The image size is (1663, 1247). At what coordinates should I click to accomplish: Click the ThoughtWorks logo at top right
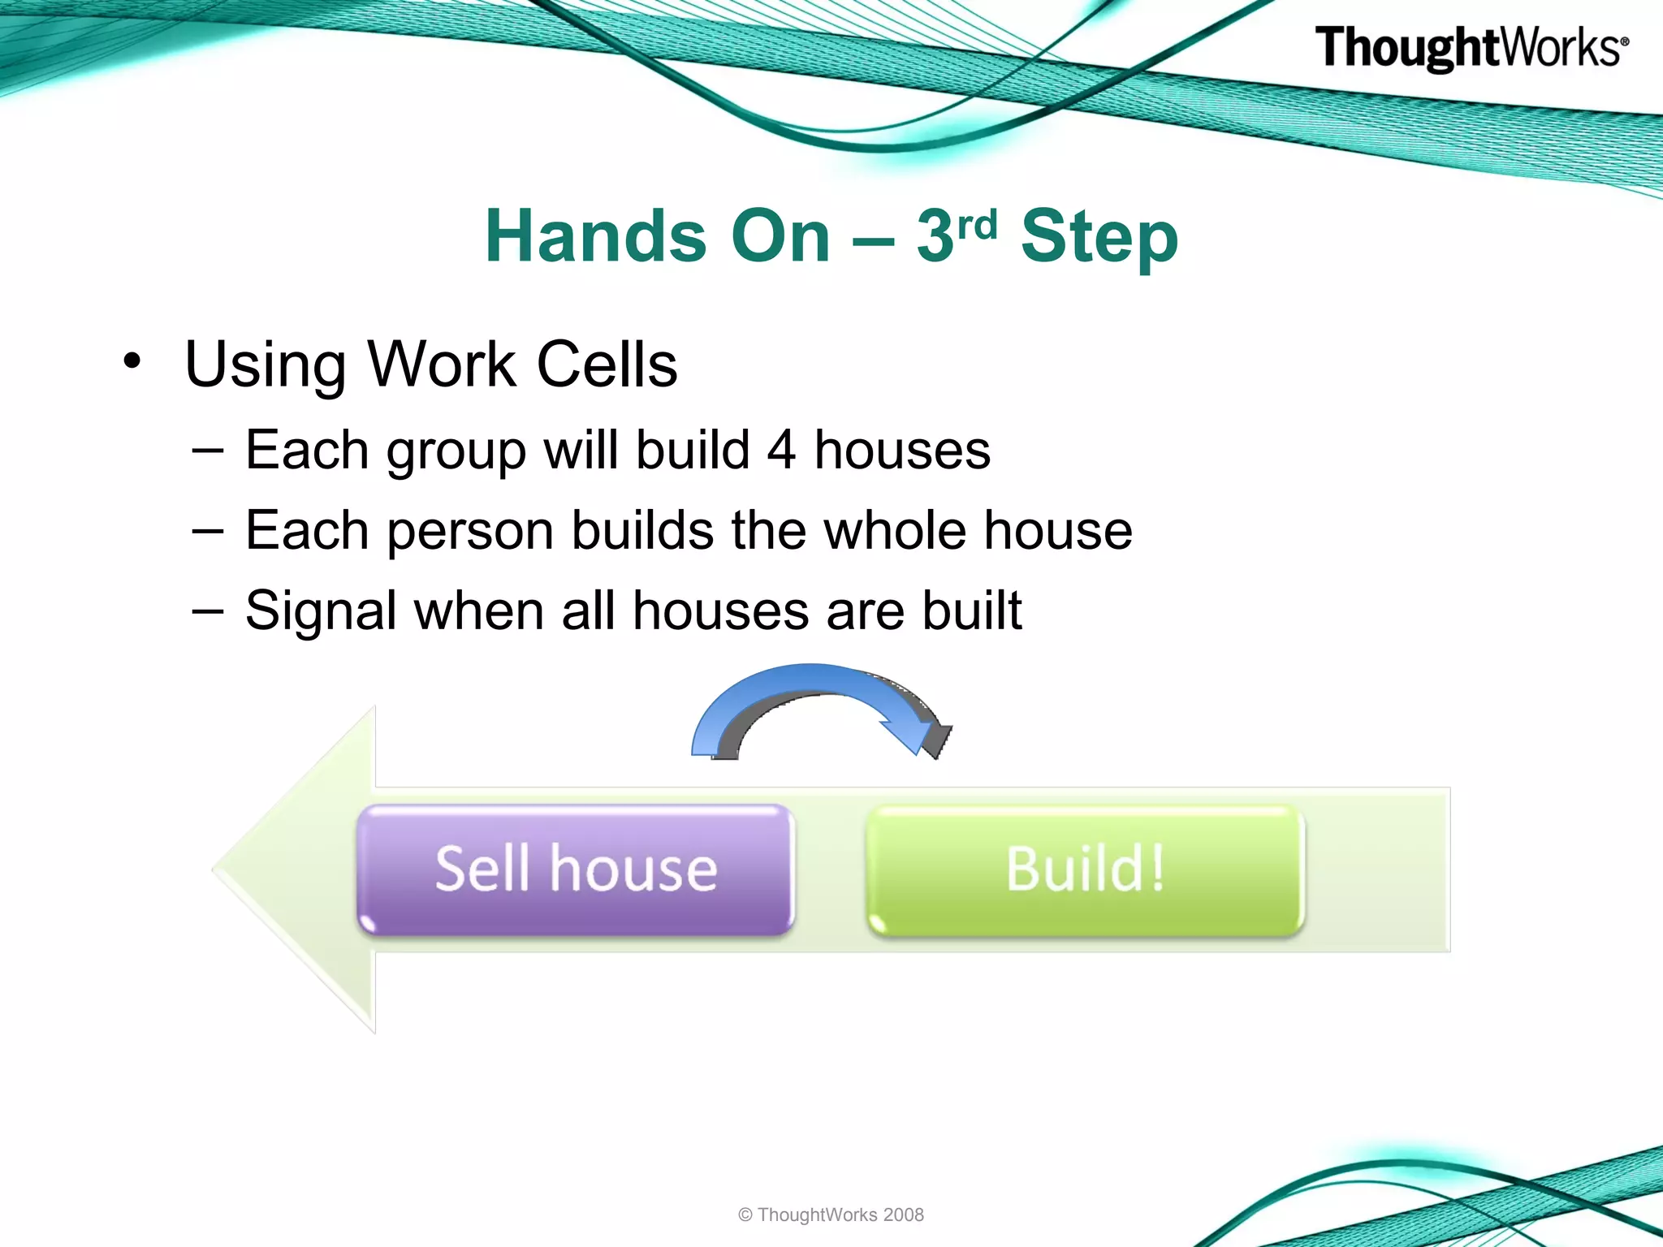pyautogui.click(x=1471, y=48)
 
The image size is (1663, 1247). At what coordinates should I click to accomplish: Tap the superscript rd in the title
pyautogui.click(x=977, y=224)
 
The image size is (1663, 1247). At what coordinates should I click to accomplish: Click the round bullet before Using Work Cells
pyautogui.click(x=132, y=360)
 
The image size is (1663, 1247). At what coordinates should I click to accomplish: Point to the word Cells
pyautogui.click(x=607, y=365)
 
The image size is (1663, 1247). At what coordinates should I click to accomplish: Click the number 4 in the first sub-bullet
pyautogui.click(x=781, y=450)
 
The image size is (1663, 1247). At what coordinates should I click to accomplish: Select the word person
pyautogui.click(x=470, y=532)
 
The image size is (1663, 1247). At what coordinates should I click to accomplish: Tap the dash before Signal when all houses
pyautogui.click(x=208, y=611)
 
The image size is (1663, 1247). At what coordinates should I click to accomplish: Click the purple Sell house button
pyautogui.click(x=576, y=869)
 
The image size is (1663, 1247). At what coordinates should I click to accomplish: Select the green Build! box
pyautogui.click(x=1085, y=869)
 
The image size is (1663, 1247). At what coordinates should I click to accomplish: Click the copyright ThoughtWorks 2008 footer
pyautogui.click(x=831, y=1215)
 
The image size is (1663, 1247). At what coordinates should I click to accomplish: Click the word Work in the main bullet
pyautogui.click(x=442, y=365)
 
